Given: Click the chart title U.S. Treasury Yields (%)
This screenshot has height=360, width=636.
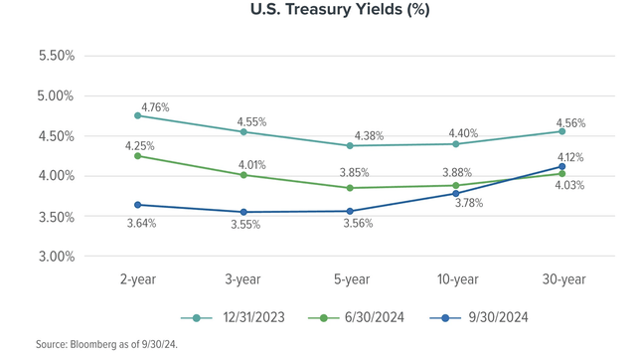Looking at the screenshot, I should (x=318, y=13).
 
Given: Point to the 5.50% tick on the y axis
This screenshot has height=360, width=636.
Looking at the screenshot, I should (x=56, y=56).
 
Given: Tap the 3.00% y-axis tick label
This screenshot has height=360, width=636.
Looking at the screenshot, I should (x=56, y=257).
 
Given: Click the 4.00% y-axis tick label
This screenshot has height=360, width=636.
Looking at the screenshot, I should (x=56, y=176).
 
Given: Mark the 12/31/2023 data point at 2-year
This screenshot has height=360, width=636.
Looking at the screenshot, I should (x=138, y=115).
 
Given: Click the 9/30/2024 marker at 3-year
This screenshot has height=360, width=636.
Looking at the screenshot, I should (x=244, y=212).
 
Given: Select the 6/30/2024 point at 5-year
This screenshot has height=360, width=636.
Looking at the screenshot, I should (x=350, y=188).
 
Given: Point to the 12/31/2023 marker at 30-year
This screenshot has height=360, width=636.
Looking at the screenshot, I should (x=562, y=131).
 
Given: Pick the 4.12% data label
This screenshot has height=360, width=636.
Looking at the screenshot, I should (x=569, y=157).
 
